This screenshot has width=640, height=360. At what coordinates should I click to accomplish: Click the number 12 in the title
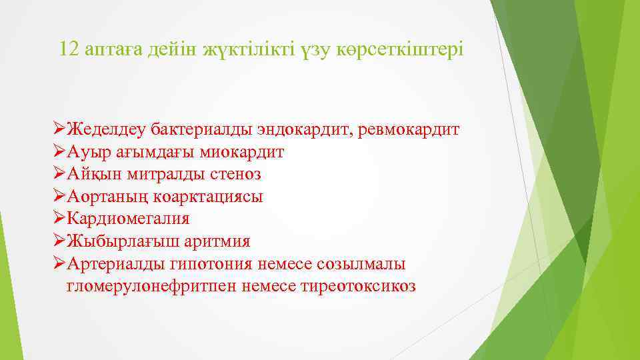pyautogui.click(x=69, y=50)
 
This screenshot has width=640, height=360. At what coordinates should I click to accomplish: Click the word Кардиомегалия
pyautogui.click(x=128, y=219)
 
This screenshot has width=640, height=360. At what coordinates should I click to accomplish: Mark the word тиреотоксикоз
pyautogui.click(x=360, y=286)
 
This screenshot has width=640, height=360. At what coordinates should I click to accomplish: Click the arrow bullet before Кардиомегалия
pyautogui.click(x=59, y=219)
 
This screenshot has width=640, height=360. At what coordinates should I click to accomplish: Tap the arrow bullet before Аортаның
pyautogui.click(x=59, y=197)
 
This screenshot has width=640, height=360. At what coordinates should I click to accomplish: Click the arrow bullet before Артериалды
pyautogui.click(x=59, y=263)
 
